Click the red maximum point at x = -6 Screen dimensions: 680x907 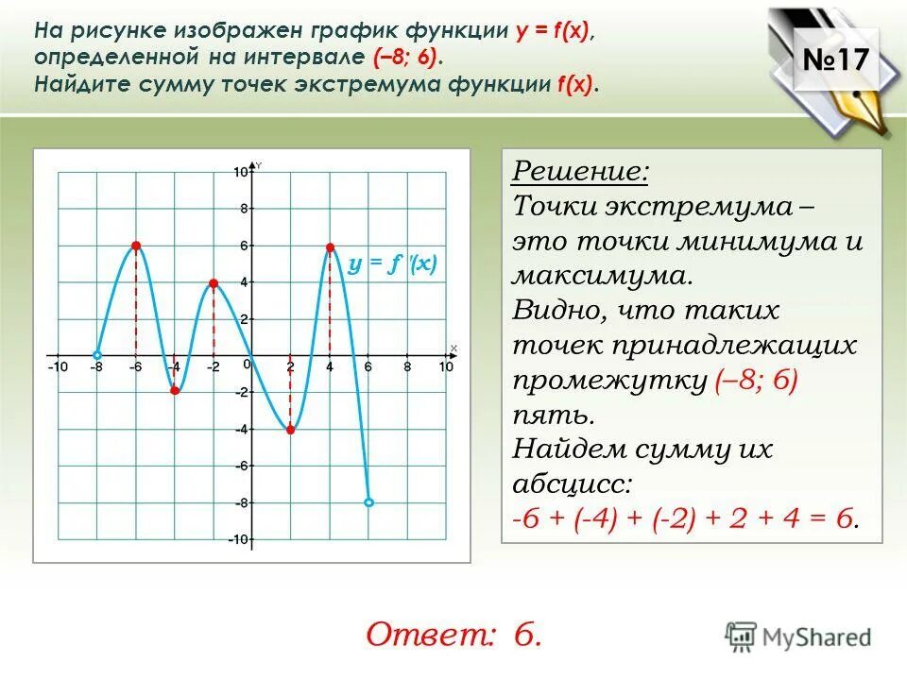(136, 246)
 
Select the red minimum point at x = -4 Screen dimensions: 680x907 (175, 391)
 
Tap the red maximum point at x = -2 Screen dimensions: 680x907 (214, 283)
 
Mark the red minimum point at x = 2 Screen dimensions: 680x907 (290, 430)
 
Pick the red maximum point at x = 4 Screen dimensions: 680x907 (330, 247)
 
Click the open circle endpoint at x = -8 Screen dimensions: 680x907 (97, 356)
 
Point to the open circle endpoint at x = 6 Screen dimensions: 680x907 (368, 502)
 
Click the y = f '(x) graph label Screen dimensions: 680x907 (391, 264)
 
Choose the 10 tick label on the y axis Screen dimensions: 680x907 (241, 172)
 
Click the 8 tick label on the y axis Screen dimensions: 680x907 (243, 209)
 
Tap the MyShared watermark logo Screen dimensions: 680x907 (798, 636)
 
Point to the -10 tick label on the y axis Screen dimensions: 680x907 (238, 539)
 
